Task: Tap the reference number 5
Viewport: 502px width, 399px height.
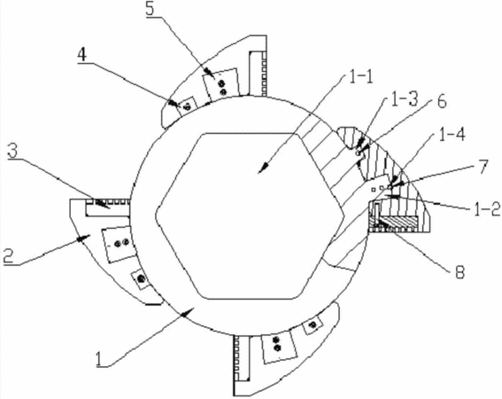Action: (150, 10)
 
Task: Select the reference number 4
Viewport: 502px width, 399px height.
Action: (82, 55)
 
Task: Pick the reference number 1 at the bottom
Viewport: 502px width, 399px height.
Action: (99, 359)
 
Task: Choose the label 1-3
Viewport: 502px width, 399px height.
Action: (405, 100)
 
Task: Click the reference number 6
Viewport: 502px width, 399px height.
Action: (442, 103)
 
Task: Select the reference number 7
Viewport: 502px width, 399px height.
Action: (483, 166)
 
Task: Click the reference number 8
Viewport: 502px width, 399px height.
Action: (460, 272)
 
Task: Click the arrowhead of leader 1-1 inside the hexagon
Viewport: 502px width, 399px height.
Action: (263, 168)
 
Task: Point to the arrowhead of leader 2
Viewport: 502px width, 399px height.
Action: (84, 238)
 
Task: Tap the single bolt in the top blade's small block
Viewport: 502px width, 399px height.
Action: (188, 106)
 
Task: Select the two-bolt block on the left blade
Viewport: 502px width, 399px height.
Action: (118, 243)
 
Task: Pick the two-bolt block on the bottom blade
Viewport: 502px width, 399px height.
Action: (279, 347)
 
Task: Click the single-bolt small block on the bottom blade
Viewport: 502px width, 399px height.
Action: (312, 325)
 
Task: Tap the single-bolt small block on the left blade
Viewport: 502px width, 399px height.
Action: (141, 279)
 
